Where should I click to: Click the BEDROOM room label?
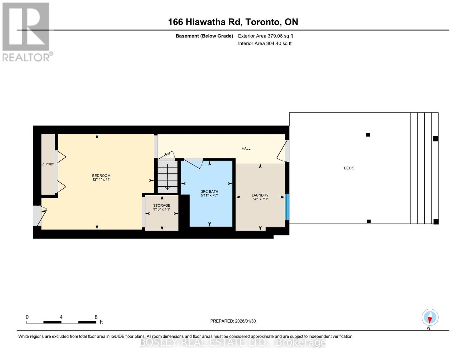(x=101, y=175)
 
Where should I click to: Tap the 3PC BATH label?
(x=209, y=191)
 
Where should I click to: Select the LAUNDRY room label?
(x=260, y=195)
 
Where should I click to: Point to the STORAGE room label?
(x=161, y=205)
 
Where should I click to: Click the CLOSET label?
(x=48, y=164)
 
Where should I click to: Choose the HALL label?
(x=246, y=148)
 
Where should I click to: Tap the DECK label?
(x=349, y=168)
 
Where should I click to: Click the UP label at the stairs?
(x=167, y=154)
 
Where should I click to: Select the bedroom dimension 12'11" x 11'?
(x=101, y=180)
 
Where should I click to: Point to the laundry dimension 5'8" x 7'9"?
(x=260, y=199)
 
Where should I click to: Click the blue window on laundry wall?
(x=287, y=207)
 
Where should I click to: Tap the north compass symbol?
(x=430, y=317)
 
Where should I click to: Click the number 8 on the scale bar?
(x=96, y=317)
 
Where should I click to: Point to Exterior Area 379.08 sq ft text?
(x=265, y=36)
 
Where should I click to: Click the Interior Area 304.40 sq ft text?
(x=265, y=43)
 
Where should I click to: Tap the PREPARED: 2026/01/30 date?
(x=233, y=321)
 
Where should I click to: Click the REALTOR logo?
(x=26, y=31)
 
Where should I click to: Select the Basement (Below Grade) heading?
(x=204, y=36)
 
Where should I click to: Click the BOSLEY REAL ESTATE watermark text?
(x=233, y=342)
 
